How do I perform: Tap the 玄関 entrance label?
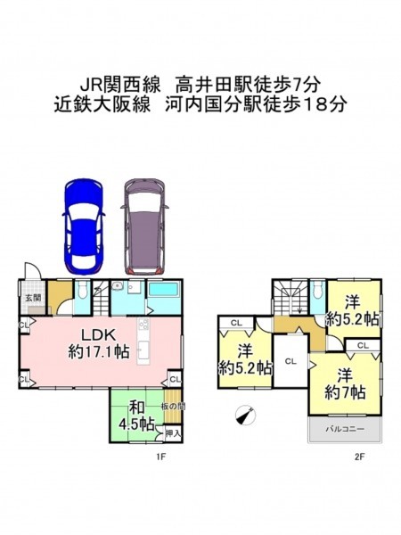tap(32, 298)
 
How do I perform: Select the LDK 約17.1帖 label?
tap(99, 343)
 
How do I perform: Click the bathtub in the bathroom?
tap(164, 290)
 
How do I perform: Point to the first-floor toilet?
tap(82, 292)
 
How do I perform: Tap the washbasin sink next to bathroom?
tap(118, 285)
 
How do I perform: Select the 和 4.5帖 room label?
tap(136, 416)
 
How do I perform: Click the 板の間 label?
tap(173, 407)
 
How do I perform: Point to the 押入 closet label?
tap(173, 433)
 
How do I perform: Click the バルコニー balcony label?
tap(345, 429)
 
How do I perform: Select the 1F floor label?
tap(161, 457)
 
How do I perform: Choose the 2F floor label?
tap(360, 457)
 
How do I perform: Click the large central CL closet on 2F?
tap(291, 361)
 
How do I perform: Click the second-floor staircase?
tap(291, 297)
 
